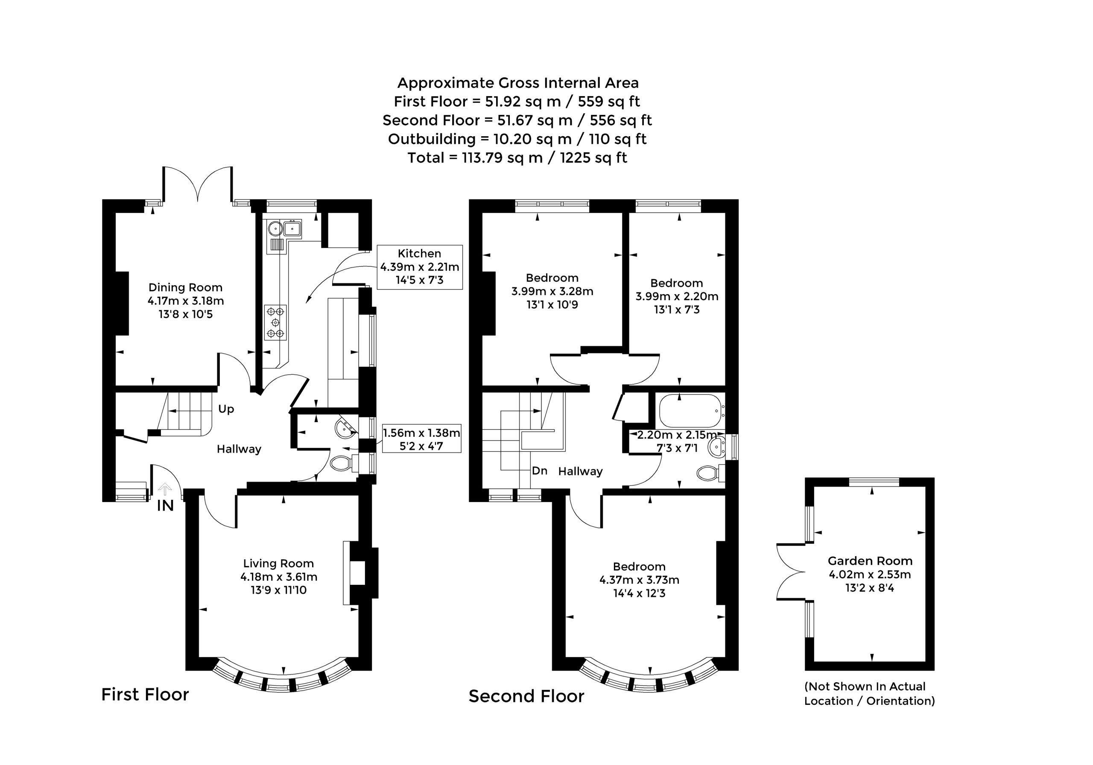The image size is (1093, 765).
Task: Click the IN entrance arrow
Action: coord(165,489)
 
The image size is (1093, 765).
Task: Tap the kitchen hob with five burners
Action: coord(276,322)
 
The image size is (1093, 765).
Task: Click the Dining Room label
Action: coord(185,288)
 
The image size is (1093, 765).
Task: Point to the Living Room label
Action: coord(278,564)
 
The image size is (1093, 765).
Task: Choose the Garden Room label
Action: coord(870,561)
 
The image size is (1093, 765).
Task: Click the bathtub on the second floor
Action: coord(690,410)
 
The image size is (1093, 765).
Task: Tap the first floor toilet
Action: coord(344,463)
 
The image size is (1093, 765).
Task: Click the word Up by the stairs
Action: coord(226,409)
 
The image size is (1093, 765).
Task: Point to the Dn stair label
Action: coord(539,471)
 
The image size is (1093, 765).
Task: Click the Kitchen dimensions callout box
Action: coord(419,267)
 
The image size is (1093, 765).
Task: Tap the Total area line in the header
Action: coord(517,158)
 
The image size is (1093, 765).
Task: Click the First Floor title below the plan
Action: coord(145,695)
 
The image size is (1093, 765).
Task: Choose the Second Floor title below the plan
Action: coord(526,696)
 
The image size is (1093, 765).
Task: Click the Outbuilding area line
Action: coord(517,139)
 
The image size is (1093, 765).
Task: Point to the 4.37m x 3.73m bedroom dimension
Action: coord(639,580)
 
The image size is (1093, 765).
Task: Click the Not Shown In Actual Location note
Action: coord(870,694)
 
